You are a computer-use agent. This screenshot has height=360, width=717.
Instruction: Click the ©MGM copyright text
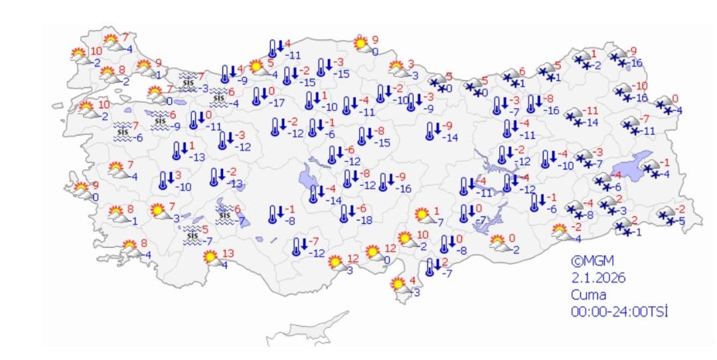[590, 261]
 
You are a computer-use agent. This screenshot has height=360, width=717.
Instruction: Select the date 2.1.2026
[598, 278]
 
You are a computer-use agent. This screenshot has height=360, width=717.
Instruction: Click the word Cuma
[588, 294]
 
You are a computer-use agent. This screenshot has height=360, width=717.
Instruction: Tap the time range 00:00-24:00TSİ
[619, 311]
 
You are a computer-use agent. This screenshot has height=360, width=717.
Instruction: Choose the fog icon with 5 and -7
[193, 235]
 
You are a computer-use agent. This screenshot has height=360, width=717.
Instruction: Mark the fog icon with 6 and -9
[159, 120]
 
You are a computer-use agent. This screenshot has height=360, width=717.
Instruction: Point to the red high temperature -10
[639, 86]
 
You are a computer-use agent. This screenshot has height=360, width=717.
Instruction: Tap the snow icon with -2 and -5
[665, 215]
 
